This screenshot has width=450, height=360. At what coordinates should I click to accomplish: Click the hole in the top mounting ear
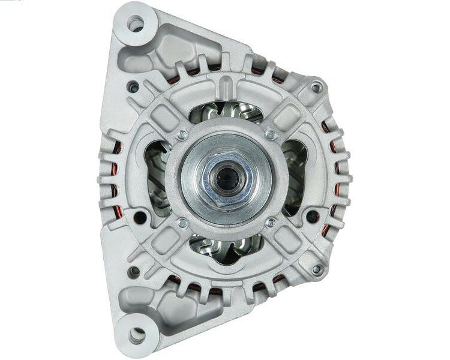(x=137, y=25)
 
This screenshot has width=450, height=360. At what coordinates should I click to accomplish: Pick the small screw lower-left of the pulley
(x=182, y=223)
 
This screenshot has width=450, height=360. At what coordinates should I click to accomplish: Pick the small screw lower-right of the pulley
(x=271, y=223)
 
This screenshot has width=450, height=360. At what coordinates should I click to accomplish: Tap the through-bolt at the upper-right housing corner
(x=316, y=88)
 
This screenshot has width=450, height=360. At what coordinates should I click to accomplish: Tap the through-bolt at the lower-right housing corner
(x=316, y=269)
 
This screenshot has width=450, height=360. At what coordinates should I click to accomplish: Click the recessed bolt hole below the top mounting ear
(x=134, y=88)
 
